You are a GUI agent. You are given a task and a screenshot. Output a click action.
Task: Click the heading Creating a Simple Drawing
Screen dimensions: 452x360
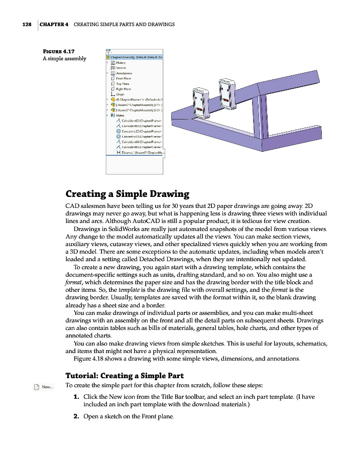(128, 194)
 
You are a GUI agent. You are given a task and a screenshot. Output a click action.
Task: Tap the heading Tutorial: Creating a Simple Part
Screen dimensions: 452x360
(125, 375)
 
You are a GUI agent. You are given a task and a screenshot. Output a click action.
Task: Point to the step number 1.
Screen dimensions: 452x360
(76, 397)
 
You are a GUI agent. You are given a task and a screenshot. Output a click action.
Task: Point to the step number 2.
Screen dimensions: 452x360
(76, 416)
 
